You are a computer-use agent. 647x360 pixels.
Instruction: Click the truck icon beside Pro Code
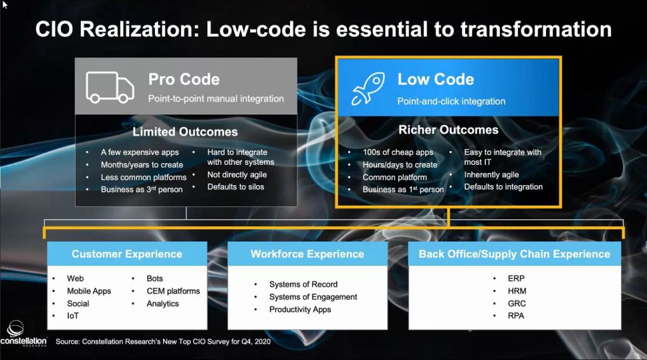(110, 87)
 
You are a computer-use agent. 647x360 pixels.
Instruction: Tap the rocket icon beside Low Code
(368, 88)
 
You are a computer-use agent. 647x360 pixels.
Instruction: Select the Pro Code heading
(184, 79)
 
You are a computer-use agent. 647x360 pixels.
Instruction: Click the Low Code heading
(436, 79)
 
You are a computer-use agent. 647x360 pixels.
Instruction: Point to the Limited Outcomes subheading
(185, 132)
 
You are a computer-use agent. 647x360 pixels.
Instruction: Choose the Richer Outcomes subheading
(449, 130)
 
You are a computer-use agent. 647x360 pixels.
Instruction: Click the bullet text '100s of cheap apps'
(398, 152)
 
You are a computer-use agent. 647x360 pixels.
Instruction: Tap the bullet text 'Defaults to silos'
(236, 187)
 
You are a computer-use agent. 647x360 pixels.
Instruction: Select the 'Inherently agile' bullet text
(492, 175)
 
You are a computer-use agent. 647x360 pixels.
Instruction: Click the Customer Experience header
(127, 254)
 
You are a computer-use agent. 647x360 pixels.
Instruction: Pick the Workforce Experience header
(308, 254)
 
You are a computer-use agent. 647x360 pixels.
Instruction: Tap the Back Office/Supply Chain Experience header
(514, 254)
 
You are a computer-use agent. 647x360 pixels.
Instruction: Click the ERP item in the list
(516, 279)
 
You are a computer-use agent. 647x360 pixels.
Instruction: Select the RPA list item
(516, 316)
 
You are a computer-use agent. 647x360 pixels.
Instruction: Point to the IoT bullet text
(73, 316)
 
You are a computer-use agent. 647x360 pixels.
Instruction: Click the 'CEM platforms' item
(173, 291)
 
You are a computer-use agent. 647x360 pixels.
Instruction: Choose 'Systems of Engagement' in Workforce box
(313, 297)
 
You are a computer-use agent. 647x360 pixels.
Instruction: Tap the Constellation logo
(23, 333)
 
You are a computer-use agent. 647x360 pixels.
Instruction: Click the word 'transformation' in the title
(536, 29)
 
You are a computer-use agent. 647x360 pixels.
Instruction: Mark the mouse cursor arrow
(4, 4)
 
